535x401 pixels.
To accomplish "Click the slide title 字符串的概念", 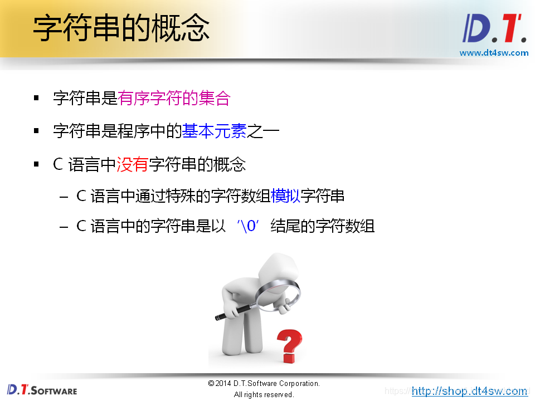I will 121,28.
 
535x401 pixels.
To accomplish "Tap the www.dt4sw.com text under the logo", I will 494,53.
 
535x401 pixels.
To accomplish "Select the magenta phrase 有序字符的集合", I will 174,99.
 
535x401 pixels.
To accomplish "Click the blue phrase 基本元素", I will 215,131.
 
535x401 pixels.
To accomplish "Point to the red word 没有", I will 133,164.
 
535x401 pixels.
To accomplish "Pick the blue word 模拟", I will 285,196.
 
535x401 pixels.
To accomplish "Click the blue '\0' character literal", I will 249,226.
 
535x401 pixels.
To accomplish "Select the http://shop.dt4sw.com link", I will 470,391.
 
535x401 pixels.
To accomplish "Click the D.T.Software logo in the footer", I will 42,390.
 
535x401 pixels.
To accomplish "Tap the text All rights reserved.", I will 264,395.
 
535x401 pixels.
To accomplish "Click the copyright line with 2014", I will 264,384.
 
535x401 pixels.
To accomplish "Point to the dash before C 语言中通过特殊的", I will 64,196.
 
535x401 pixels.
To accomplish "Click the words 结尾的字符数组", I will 322,226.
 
